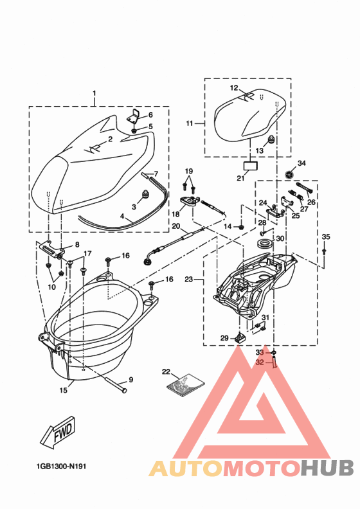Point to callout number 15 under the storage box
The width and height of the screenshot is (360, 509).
click(63, 390)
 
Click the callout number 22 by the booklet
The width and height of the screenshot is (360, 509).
click(165, 372)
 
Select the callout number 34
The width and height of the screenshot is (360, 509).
click(301, 163)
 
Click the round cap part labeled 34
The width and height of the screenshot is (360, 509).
click(290, 175)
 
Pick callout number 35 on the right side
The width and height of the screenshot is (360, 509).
click(325, 237)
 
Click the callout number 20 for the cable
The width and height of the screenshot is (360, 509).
click(175, 226)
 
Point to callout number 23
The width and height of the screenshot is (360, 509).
click(188, 279)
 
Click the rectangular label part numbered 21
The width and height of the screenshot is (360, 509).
click(250, 165)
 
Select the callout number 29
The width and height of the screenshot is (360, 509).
click(224, 338)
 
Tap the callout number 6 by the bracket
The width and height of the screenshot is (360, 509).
click(150, 115)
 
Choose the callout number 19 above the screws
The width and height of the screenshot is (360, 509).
click(188, 171)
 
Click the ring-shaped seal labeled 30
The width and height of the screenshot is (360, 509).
click(264, 245)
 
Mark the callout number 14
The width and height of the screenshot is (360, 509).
click(228, 227)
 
